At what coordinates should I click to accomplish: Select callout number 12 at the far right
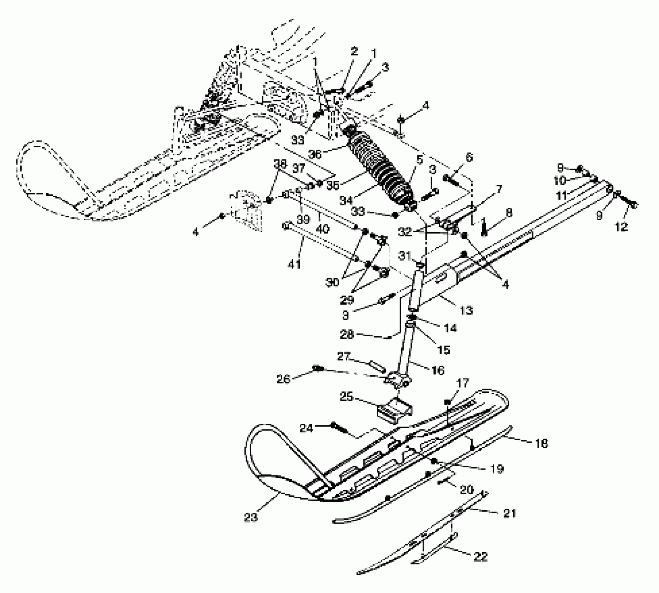621,227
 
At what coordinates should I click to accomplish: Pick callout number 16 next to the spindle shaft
438,370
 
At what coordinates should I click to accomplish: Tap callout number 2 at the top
354,52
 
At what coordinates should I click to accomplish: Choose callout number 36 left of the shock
315,154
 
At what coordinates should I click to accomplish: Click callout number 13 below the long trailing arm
466,310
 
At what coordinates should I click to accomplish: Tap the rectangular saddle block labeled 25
394,410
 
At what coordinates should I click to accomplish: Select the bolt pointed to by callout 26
319,368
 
